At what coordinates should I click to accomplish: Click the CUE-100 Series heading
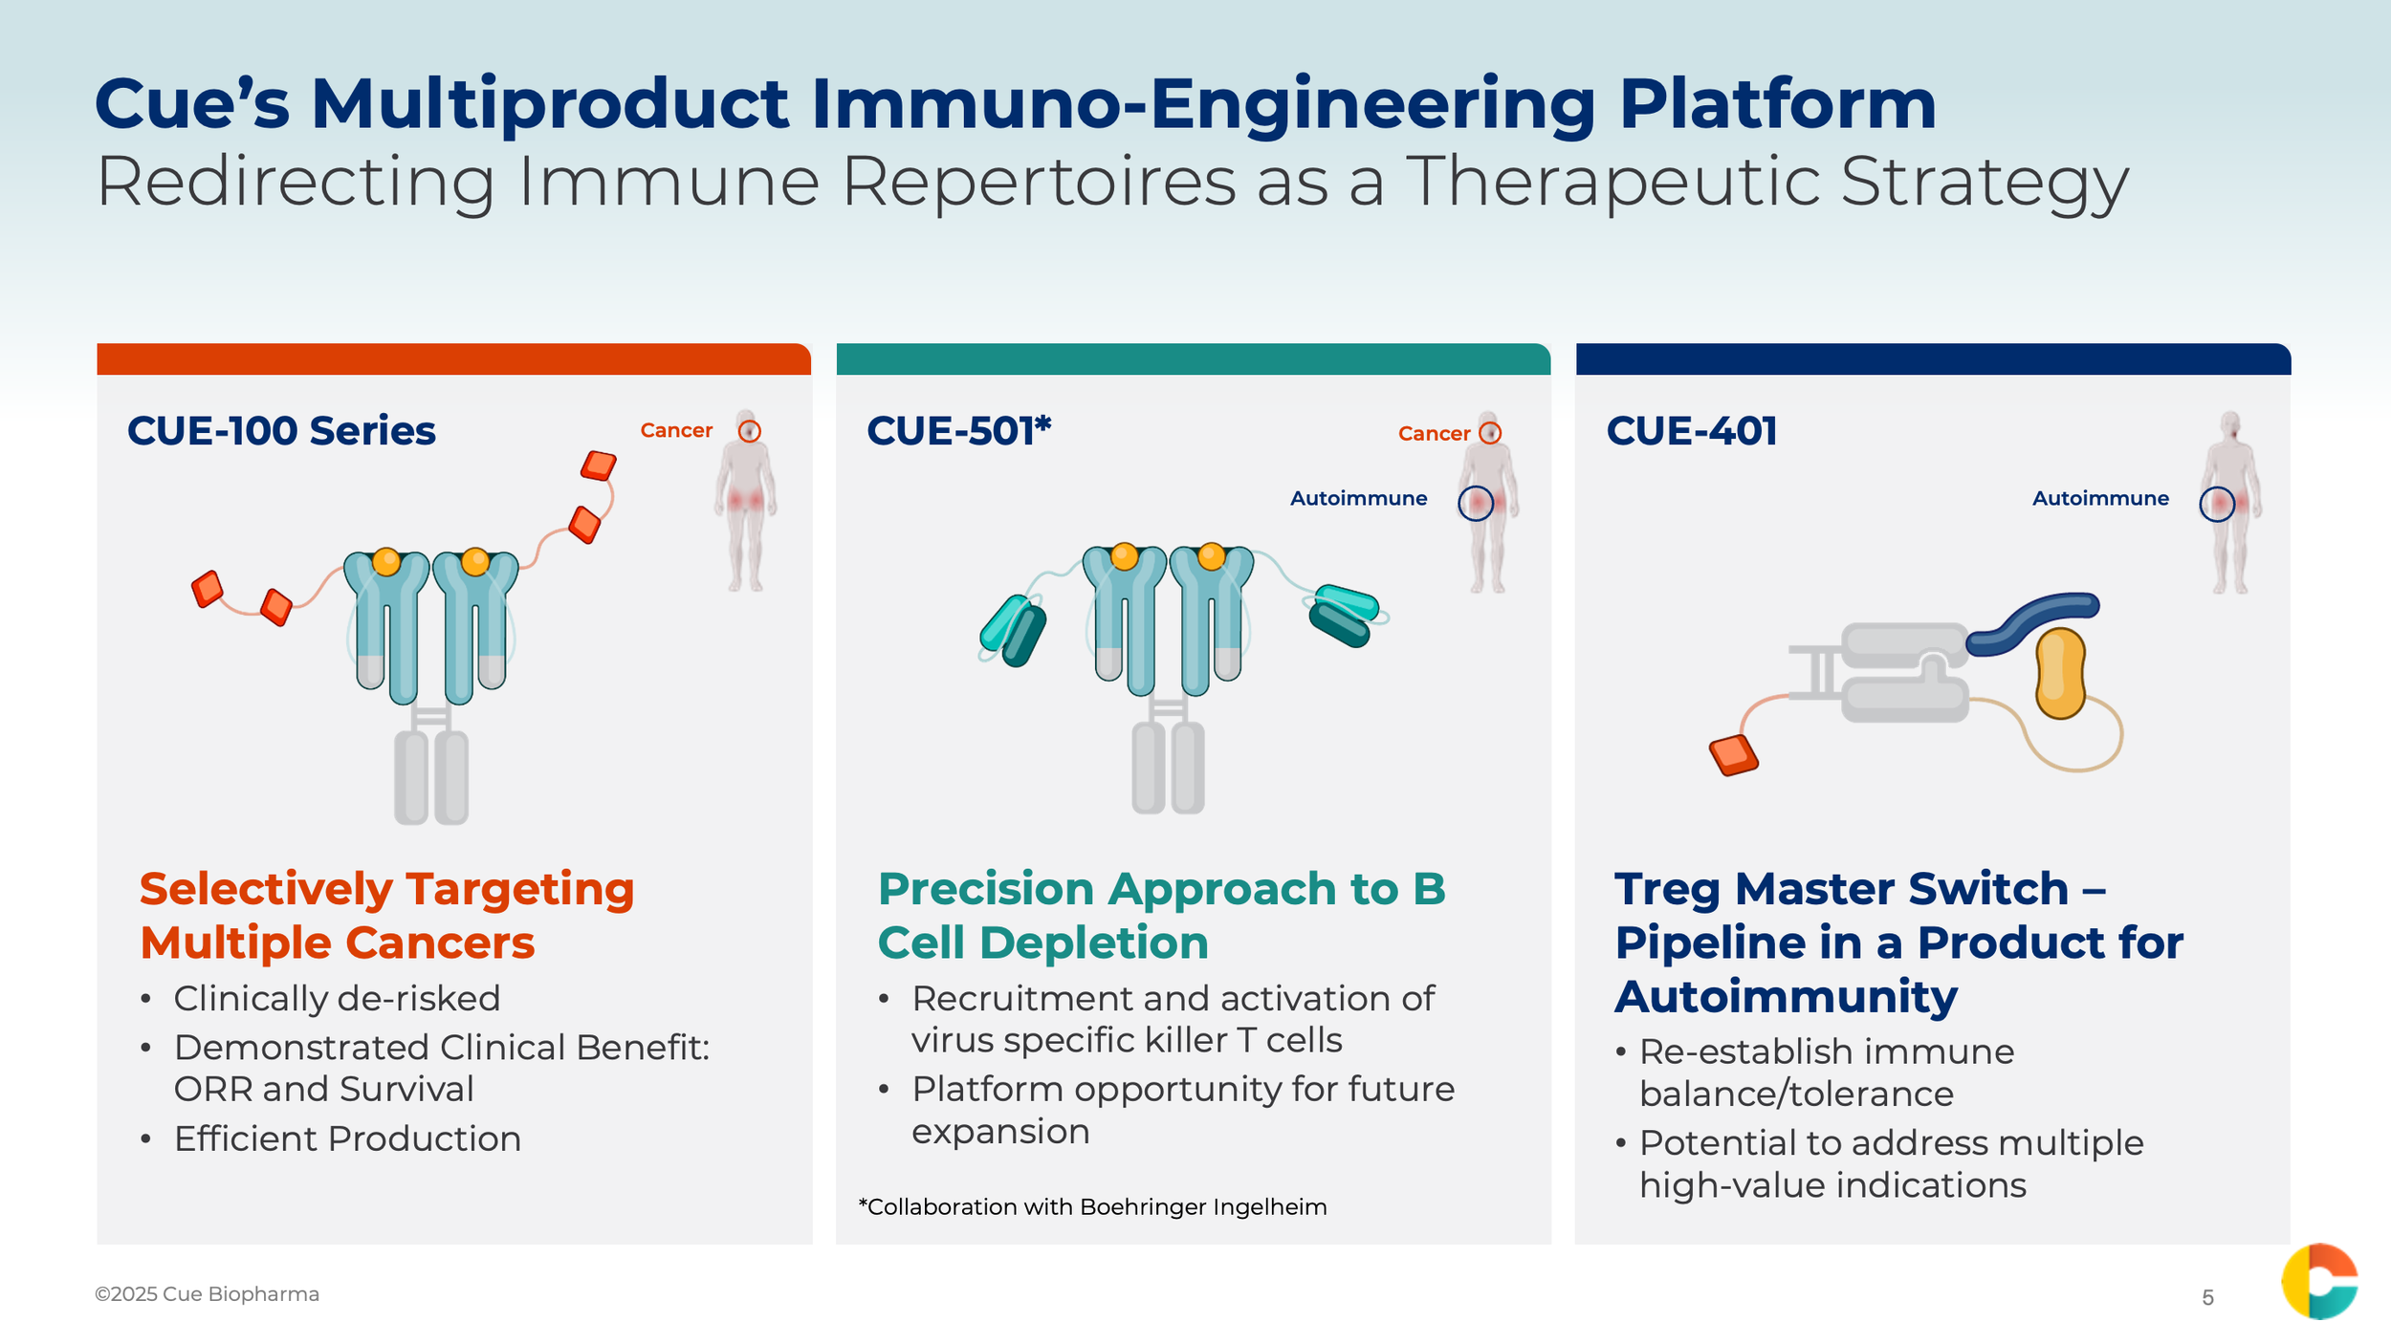click(281, 431)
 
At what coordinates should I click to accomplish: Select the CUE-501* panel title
click(958, 431)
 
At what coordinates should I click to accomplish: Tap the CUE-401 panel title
click(1691, 431)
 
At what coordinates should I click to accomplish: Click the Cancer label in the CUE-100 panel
click(676, 430)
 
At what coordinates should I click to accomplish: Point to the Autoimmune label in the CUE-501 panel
click(1358, 498)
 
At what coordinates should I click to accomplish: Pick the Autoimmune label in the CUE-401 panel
click(2100, 498)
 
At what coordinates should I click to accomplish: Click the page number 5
click(2207, 1297)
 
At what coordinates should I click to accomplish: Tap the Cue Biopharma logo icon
click(2319, 1281)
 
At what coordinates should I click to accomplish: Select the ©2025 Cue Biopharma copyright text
click(207, 1294)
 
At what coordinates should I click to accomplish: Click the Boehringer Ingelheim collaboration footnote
click(1092, 1207)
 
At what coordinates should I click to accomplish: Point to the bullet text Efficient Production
click(347, 1138)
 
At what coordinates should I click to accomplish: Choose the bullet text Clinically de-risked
click(337, 999)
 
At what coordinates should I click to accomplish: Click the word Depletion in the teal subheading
click(1094, 943)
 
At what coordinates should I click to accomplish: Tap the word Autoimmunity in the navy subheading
click(1787, 997)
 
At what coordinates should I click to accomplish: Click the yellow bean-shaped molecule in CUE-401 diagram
click(2060, 673)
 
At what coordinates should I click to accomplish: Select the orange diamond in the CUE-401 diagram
click(1733, 755)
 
